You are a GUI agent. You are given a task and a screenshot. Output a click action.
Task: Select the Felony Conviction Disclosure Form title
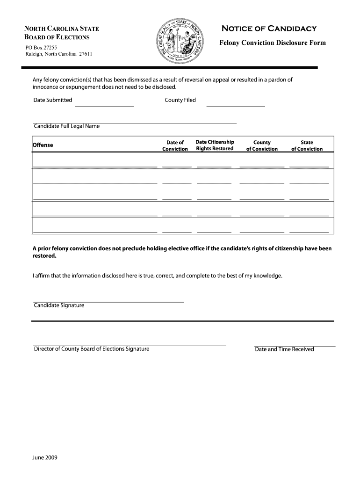click(273, 43)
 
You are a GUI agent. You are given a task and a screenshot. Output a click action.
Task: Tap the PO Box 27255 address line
click(41, 47)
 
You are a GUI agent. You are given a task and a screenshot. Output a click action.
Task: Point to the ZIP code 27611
click(86, 54)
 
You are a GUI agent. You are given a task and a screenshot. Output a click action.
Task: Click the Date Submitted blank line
click(104, 105)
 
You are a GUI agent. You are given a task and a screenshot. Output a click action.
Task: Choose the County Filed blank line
click(235, 105)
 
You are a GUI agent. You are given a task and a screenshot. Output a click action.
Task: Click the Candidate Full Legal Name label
click(66, 126)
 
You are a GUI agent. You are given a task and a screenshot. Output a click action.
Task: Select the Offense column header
click(43, 145)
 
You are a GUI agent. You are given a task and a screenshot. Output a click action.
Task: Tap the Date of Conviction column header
click(175, 145)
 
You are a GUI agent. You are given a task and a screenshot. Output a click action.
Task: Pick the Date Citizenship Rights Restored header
click(215, 145)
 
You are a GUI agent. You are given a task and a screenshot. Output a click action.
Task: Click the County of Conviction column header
click(262, 145)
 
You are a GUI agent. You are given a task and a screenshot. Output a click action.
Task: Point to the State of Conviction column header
click(307, 145)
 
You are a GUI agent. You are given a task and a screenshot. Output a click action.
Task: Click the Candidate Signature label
click(59, 305)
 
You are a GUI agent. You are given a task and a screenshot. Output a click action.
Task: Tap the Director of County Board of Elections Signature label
click(92, 349)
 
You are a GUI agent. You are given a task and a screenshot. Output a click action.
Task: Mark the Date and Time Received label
click(284, 349)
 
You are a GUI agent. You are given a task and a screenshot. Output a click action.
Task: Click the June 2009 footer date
click(45, 457)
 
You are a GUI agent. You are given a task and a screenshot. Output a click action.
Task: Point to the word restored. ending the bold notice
click(44, 256)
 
